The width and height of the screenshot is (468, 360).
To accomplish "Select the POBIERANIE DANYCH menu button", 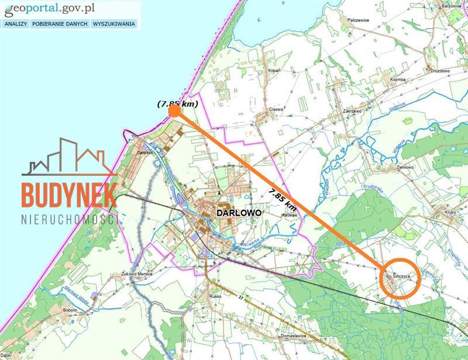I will click(x=60, y=24).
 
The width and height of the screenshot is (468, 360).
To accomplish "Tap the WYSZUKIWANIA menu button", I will click(x=113, y=24).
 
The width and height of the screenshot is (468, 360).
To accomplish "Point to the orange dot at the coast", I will click(x=174, y=110).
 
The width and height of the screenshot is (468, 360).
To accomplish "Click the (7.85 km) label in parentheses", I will click(x=177, y=103).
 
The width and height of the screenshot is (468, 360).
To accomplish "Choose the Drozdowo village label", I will click(x=440, y=70).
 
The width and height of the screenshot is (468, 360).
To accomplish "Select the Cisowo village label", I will click(x=276, y=109).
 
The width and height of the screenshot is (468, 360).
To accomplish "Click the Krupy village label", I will click(x=450, y=212).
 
